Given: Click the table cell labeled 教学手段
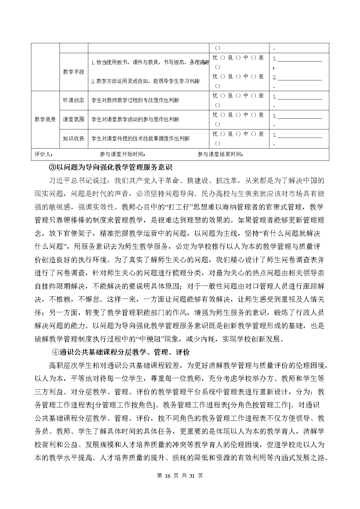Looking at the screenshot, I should [73, 72].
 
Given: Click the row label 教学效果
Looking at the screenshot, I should [45, 119].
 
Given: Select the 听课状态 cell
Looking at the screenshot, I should [73, 100].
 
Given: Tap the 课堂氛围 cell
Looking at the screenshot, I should [73, 119].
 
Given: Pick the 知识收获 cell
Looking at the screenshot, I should [73, 138].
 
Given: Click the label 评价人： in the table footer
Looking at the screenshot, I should [44, 154].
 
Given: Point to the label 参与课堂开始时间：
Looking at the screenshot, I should [123, 154].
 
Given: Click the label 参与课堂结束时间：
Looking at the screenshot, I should [221, 154].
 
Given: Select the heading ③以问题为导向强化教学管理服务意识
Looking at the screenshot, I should [111, 167].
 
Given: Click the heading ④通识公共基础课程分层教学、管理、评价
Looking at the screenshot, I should [120, 352].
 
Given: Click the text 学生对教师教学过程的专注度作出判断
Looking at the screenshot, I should [135, 100].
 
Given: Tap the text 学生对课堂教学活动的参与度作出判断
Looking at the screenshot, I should [135, 120].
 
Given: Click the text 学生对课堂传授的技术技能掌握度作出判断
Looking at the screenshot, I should [141, 139].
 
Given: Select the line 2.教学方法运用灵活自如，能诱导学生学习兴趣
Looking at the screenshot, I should [145, 81].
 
